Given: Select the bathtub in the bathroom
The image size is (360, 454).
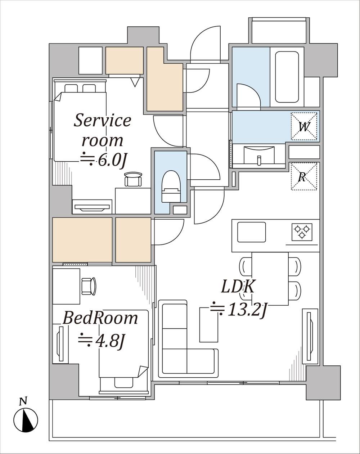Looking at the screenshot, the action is pos(287,77).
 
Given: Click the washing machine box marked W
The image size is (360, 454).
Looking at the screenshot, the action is pos(304,126).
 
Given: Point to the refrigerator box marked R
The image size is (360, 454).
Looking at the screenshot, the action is pos(304,176).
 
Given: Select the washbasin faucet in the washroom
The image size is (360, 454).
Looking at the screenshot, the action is pos(259,160).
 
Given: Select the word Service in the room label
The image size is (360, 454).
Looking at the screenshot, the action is pos(102,120).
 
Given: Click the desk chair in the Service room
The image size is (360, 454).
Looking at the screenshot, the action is pos(133,179).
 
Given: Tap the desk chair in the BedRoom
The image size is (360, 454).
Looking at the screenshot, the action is pos(89,286).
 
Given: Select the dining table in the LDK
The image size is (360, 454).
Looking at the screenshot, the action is pos(270,278).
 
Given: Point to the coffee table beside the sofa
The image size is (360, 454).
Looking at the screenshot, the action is pos(209,325).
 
